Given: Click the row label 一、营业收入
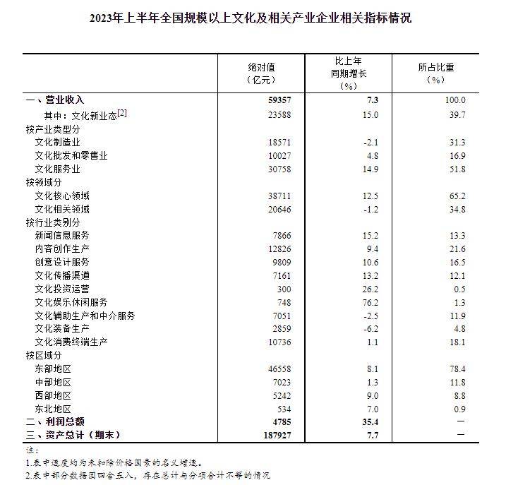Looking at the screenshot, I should click(60, 101).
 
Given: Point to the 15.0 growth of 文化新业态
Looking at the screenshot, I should click(370, 115).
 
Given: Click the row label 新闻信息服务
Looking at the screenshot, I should click(62, 236).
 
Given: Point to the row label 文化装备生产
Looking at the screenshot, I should click(62, 329).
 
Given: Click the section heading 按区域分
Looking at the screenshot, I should click(44, 356).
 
